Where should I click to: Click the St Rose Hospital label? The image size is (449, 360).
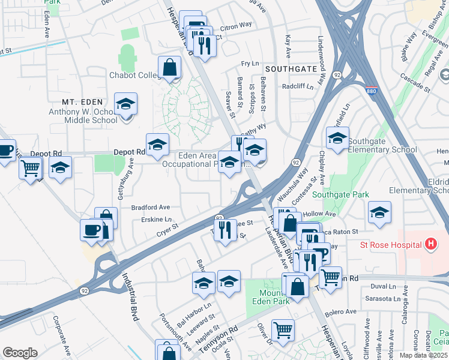391,245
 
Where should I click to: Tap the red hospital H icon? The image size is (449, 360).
430,244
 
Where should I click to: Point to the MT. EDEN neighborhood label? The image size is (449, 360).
82,102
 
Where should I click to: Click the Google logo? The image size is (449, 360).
20,352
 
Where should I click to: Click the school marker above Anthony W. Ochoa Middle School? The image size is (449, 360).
125,103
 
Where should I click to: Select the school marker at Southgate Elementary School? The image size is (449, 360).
337,138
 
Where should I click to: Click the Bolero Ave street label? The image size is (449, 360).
340,312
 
